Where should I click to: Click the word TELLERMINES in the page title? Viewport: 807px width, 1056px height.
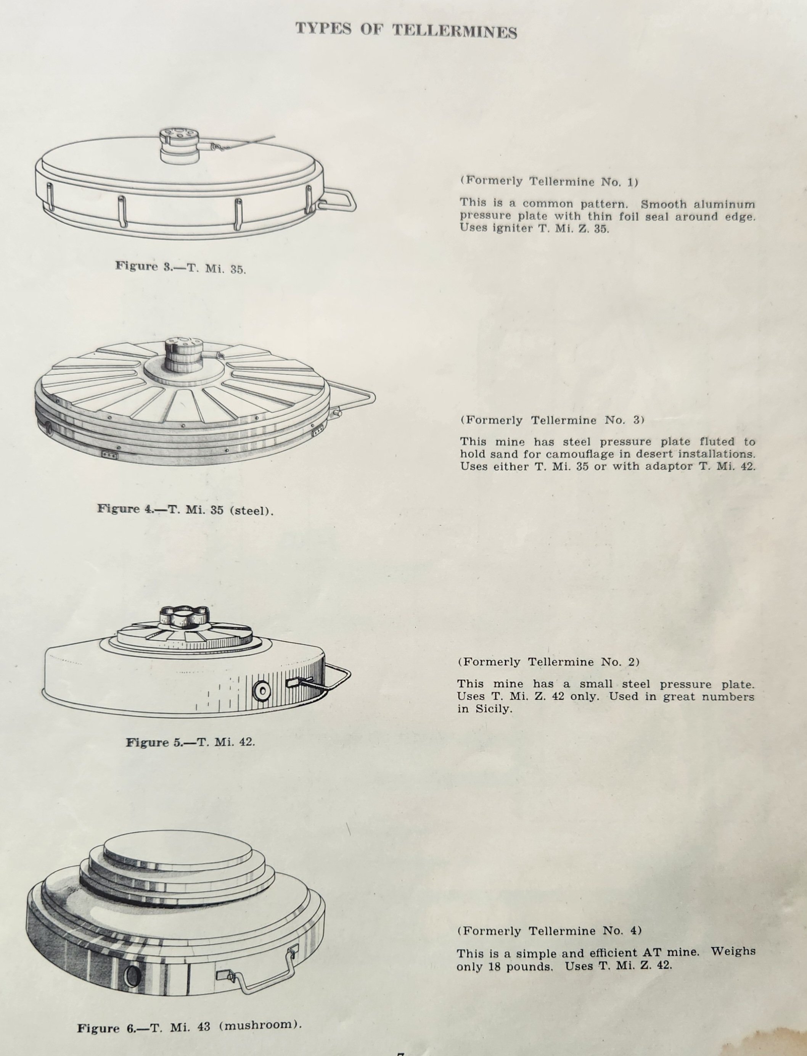point(455,31)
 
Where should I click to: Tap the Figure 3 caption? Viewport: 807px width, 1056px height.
point(181,267)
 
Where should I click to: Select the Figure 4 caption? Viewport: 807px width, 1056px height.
point(185,509)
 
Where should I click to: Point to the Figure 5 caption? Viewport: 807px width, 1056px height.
point(190,742)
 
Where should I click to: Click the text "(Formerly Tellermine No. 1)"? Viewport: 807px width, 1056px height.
point(550,182)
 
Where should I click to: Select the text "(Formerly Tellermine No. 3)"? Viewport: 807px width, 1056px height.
point(552,420)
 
